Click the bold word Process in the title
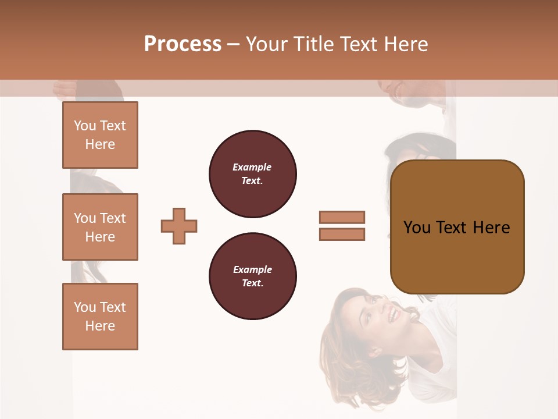[x=183, y=44]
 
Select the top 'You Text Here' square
[x=100, y=135]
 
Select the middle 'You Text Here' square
[x=100, y=227]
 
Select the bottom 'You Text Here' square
[x=100, y=317]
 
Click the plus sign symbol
[x=179, y=226]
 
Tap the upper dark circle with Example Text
[x=252, y=174]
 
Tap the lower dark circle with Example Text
[x=252, y=276]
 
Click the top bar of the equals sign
[x=342, y=217]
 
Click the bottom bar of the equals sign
[x=342, y=234]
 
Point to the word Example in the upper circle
[x=252, y=167]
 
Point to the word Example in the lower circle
[x=252, y=269]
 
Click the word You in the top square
[x=85, y=126]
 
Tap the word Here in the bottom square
[x=100, y=326]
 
